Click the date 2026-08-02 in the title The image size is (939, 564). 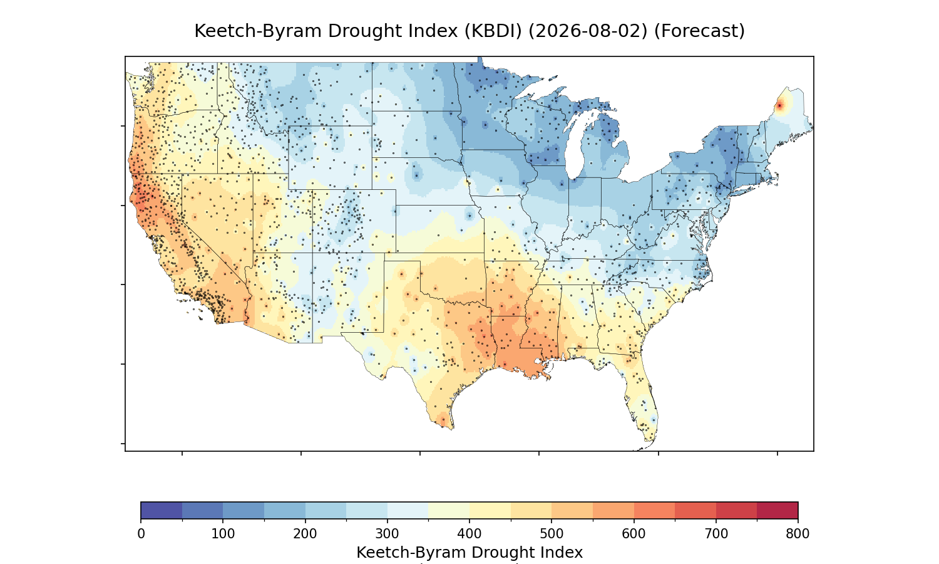(588, 31)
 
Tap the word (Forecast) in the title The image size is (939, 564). (699, 31)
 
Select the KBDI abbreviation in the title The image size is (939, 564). (493, 31)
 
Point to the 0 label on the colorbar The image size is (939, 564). (141, 534)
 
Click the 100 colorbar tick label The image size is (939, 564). (223, 534)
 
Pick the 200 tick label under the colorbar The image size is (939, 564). (305, 534)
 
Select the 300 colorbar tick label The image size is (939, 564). (387, 534)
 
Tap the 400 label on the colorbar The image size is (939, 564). (469, 534)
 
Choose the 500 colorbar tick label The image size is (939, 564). (552, 534)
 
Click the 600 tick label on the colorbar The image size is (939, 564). (634, 534)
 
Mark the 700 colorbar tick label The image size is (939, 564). (716, 534)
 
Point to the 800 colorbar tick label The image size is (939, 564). (798, 534)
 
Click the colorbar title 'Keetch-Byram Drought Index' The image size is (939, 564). (469, 553)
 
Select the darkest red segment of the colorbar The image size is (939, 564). (777, 510)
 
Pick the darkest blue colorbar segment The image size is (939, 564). (162, 510)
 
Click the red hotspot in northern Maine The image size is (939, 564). (779, 106)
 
